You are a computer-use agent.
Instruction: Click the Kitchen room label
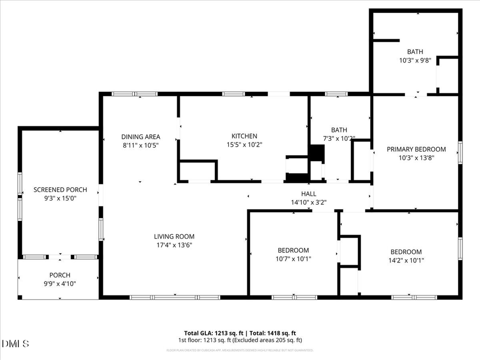pos(244,136)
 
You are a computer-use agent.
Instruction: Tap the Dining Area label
pos(140,137)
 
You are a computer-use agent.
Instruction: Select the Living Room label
pos(174,236)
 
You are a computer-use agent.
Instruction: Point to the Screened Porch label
pos(57,189)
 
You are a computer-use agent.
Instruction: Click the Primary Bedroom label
pos(416,149)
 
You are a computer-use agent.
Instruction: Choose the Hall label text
pos(308,194)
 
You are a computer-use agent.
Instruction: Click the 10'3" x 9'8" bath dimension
pos(415,61)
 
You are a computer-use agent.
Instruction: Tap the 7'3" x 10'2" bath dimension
pos(339,139)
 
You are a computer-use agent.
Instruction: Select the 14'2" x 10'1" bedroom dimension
pos(406,261)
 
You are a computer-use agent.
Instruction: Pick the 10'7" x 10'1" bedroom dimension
pos(293,259)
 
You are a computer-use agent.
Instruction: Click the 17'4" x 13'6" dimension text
pos(174,245)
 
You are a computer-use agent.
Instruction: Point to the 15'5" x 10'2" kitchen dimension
pos(244,145)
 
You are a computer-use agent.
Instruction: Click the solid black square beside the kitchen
pos(317,153)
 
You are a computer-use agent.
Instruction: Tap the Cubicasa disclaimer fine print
pos(239,350)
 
